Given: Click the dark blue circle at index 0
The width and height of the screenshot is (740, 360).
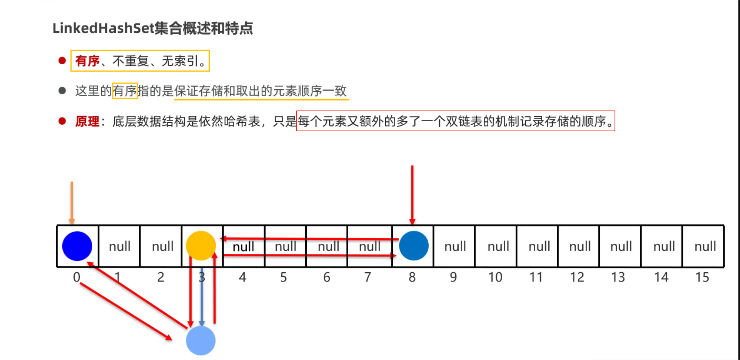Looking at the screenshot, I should click(x=77, y=246).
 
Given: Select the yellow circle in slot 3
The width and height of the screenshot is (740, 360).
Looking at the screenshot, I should click(x=200, y=246).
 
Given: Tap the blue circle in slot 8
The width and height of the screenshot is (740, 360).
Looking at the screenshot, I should click(x=414, y=246).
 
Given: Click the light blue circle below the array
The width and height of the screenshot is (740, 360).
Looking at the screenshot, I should click(x=200, y=340).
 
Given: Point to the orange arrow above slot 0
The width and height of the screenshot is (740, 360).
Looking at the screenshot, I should click(x=72, y=202).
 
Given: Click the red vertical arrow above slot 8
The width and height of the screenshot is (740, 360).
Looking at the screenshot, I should click(x=412, y=194).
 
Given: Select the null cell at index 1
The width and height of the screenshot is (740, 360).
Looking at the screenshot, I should click(x=119, y=246).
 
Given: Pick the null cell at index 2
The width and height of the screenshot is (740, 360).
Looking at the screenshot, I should click(x=162, y=246).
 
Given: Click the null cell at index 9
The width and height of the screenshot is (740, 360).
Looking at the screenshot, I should click(x=455, y=246).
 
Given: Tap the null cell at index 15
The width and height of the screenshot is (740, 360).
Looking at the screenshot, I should click(x=705, y=246).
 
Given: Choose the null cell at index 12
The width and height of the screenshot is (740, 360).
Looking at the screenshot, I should click(x=580, y=246).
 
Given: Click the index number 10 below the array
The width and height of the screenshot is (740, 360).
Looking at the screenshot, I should click(x=495, y=277).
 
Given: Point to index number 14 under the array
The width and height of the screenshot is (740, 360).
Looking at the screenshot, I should click(x=661, y=277).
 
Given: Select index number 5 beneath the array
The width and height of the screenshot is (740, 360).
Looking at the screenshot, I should click(x=284, y=277).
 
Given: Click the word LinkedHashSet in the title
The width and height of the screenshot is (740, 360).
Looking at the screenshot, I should click(x=103, y=28).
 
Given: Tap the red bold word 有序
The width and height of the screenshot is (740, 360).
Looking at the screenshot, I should click(x=87, y=61).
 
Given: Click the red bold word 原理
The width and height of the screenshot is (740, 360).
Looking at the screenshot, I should click(x=87, y=122).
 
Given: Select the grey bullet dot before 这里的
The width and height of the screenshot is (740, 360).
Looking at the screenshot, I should click(x=62, y=91).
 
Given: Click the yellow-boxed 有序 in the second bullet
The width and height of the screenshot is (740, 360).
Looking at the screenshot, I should click(x=125, y=91).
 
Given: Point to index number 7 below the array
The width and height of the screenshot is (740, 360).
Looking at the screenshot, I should click(x=367, y=277).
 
